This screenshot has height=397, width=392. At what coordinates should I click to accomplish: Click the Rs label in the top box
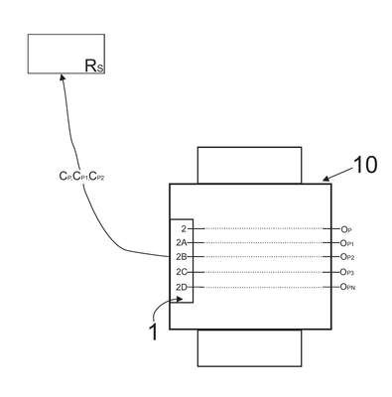coord(94,66)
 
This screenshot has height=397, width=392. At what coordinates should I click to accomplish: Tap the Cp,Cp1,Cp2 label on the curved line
coord(82,177)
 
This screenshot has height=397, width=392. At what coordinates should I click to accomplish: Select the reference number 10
coord(365,165)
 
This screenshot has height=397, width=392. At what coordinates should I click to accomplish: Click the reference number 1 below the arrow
coord(153,331)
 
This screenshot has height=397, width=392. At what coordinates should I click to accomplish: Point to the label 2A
coord(182,243)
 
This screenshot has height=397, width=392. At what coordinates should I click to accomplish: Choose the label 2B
coord(182,257)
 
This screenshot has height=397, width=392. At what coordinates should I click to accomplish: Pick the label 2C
coord(182,272)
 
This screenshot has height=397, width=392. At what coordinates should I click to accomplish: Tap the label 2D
coord(182,287)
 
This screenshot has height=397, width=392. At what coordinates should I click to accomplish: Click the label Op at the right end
coord(346,229)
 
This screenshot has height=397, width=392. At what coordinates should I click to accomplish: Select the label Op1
coord(347,243)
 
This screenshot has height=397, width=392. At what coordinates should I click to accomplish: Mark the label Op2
coord(347,257)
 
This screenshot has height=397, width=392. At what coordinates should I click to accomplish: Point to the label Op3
coord(347,272)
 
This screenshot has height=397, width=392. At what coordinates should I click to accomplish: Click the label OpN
coord(348,287)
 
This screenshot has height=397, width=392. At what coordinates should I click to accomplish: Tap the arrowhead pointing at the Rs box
coord(62,76)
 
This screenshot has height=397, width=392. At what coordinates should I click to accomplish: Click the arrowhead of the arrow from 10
coord(327,180)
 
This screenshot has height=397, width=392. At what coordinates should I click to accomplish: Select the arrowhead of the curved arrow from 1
coord(180,299)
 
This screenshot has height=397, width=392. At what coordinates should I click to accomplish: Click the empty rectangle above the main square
coord(249,165)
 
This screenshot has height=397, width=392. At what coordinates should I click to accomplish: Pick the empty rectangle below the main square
coord(249,347)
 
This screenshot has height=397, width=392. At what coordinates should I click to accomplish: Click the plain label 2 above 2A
coord(184,228)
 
